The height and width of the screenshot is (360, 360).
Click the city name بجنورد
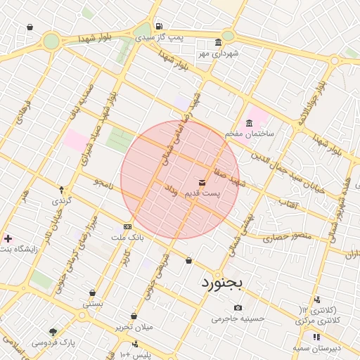click(x=221, y=283)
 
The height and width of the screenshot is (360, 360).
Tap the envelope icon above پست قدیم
click(x=203, y=183)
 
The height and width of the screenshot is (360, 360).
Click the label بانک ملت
click(x=127, y=238)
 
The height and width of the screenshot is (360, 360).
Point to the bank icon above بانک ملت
click(x=127, y=226)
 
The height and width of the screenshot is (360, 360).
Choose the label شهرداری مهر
click(x=218, y=53)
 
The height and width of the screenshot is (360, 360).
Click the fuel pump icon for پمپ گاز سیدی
click(x=159, y=25)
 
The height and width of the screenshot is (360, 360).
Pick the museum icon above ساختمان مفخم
click(x=250, y=123)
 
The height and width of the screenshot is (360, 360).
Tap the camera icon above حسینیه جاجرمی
click(x=238, y=307)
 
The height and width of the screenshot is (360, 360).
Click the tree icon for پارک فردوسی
click(x=53, y=331)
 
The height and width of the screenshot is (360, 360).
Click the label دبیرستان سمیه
click(x=317, y=348)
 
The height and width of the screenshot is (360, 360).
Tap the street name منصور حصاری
click(x=287, y=238)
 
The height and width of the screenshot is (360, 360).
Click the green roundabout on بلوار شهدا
click(x=51, y=41)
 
